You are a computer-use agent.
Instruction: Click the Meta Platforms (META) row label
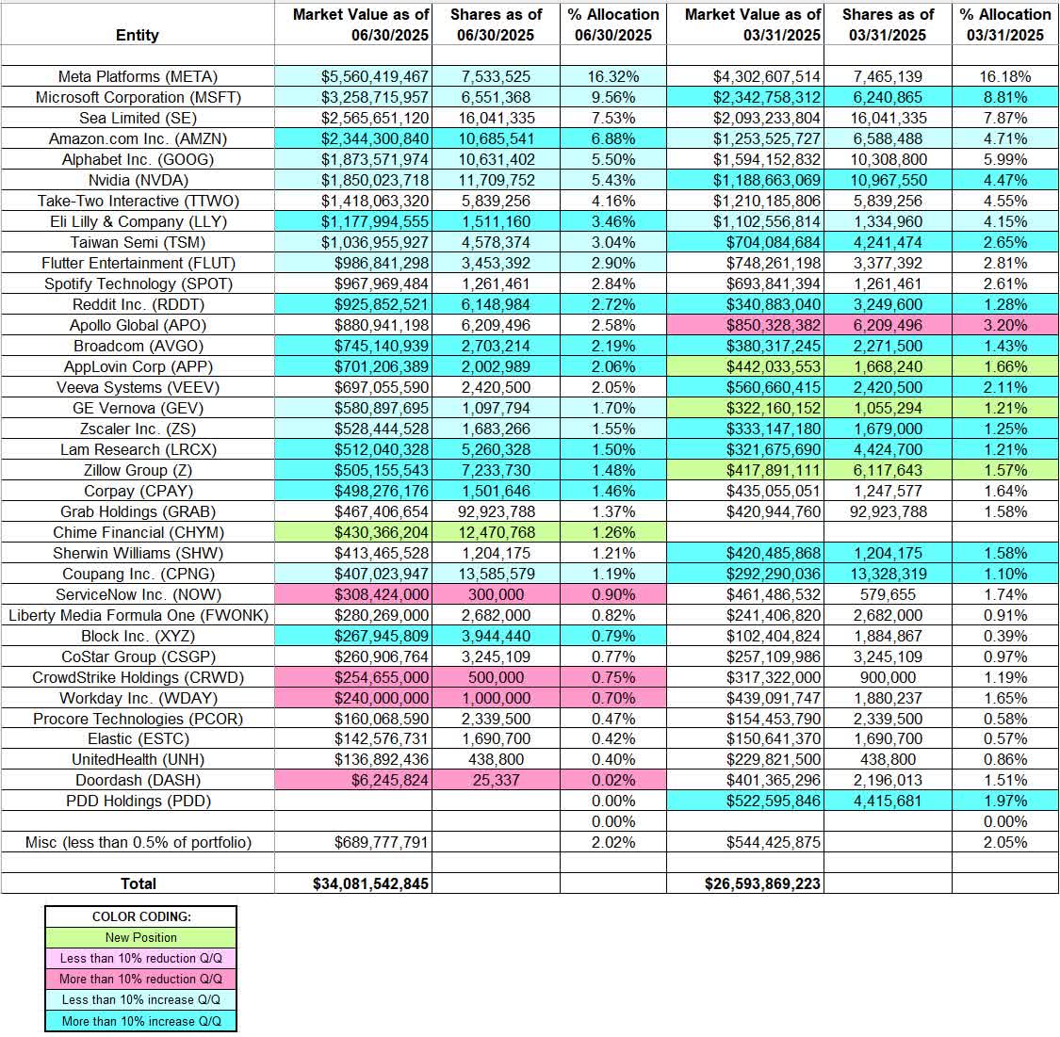coord(138,77)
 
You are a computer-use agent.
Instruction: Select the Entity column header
coord(138,35)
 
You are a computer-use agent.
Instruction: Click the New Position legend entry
coord(140,937)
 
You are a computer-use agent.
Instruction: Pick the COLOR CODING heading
coord(140,916)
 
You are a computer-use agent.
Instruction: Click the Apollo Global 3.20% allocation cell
coord(1005,325)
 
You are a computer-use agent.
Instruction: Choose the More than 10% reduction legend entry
coord(140,979)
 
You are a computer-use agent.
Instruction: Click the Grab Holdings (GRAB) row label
coord(138,511)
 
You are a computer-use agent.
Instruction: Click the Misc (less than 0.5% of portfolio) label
coord(138,842)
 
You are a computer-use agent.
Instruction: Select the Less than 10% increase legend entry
coord(140,999)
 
